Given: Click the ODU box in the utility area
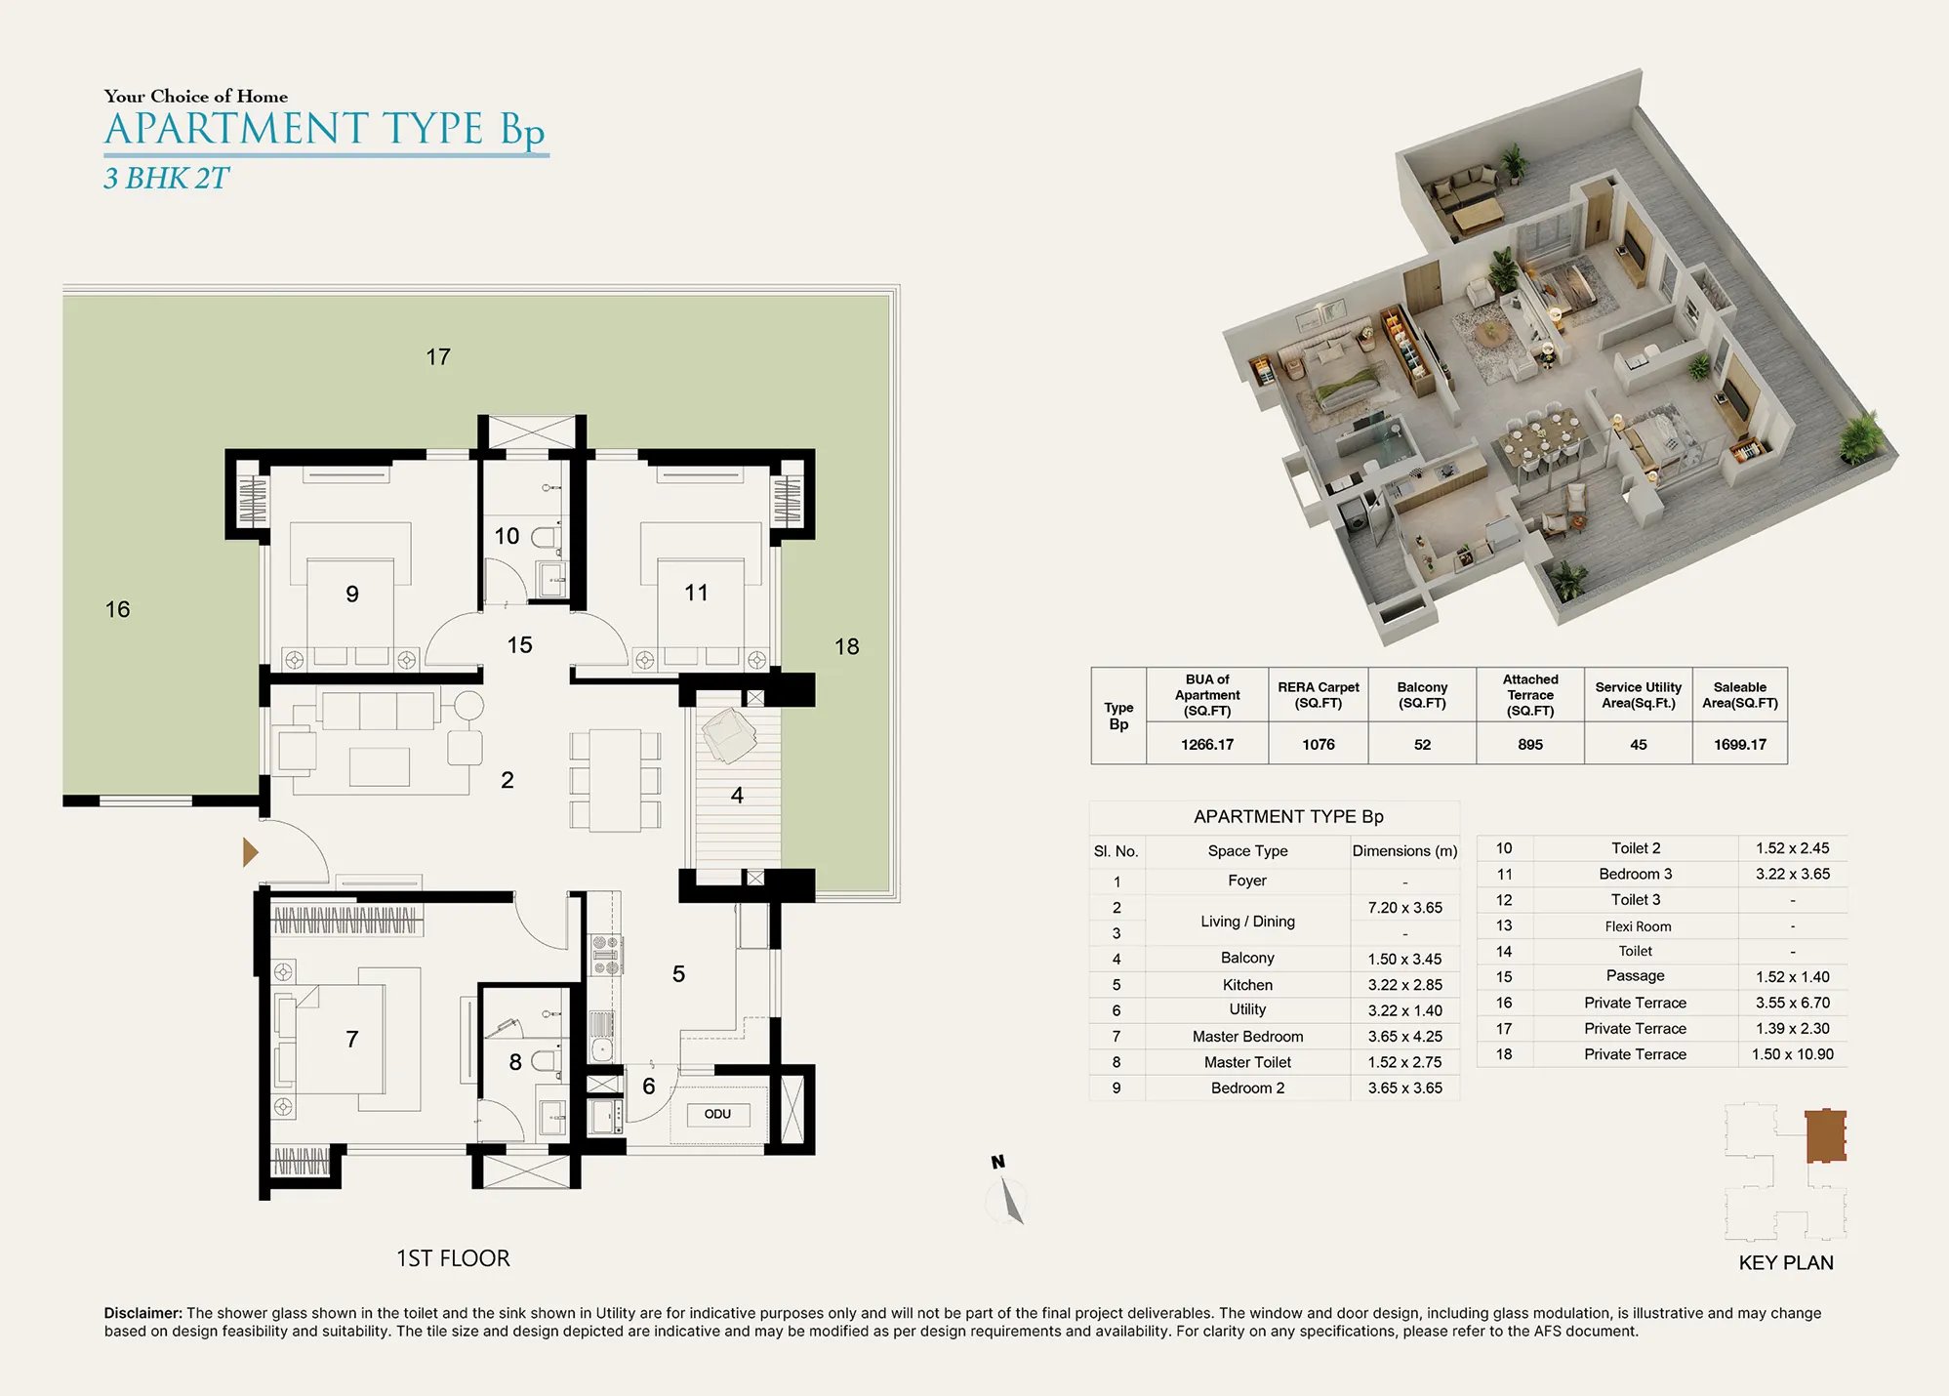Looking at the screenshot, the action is tap(717, 1114).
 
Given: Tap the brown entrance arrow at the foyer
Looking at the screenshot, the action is tap(250, 852).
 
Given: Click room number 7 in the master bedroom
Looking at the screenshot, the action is tap(352, 1039).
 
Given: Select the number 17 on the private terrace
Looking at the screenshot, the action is tap(438, 357).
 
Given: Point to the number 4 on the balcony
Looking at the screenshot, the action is tap(737, 796).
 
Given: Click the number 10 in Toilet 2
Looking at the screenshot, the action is tap(507, 536).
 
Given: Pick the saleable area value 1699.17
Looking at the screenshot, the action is tap(1740, 744).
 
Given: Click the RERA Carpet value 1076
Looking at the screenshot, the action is tap(1319, 744).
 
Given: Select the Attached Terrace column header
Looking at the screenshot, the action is tap(1530, 695).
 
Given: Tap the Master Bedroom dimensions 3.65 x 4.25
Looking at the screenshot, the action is tap(1404, 1036).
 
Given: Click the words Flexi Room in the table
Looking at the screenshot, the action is tap(1638, 926).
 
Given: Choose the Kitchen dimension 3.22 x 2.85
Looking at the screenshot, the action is tap(1404, 985).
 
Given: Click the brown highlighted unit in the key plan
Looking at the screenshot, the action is tap(1825, 1135).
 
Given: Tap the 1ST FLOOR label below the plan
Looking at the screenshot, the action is tap(453, 1258).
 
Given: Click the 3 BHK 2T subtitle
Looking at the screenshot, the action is tap(166, 179).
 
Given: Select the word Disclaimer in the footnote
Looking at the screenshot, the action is tap(143, 1313).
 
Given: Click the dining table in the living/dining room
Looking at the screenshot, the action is tap(615, 780).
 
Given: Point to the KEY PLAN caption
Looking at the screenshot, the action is tap(1786, 1262).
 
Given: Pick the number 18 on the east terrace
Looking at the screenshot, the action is tap(846, 646).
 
